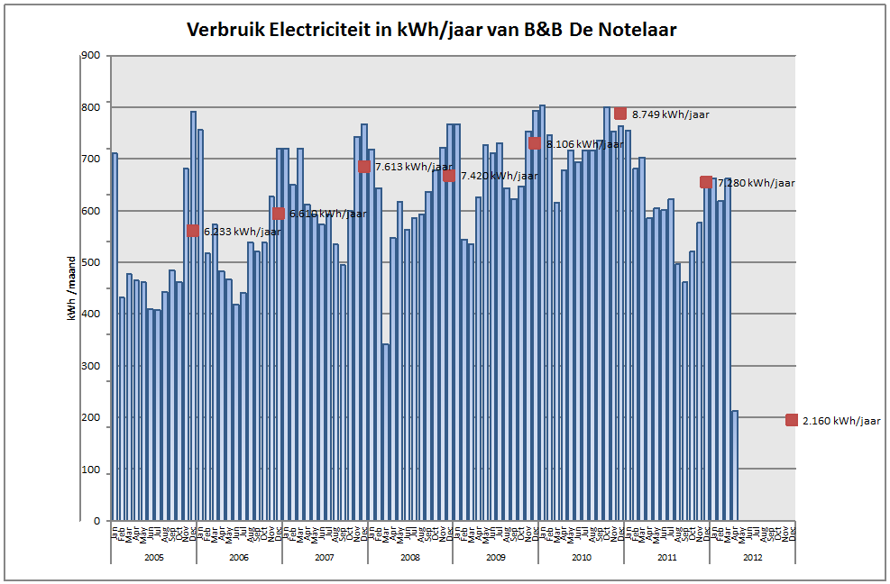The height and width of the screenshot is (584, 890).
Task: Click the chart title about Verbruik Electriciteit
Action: click(431, 30)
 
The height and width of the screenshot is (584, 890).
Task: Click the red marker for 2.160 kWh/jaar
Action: click(791, 420)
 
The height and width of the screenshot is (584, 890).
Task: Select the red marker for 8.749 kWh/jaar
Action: click(620, 114)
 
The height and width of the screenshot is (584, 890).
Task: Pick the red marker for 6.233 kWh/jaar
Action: click(192, 231)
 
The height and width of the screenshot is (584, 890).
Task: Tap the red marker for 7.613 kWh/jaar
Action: click(364, 166)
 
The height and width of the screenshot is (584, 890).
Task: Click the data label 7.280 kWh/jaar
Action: click(757, 183)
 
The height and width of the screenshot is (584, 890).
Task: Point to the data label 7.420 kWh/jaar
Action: click(499, 176)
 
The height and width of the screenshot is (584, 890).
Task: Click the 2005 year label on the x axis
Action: click(153, 558)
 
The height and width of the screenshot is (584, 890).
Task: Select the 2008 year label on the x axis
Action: click(409, 558)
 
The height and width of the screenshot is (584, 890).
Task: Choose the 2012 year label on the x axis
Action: click(752, 558)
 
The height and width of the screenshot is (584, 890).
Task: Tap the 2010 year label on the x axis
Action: click(581, 558)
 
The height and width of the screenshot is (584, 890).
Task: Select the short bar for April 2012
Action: click(735, 465)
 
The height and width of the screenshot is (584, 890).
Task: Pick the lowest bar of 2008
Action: click(386, 432)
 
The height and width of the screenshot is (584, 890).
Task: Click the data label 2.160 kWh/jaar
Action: click(844, 421)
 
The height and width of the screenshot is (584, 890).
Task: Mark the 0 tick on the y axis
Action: click(96, 521)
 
